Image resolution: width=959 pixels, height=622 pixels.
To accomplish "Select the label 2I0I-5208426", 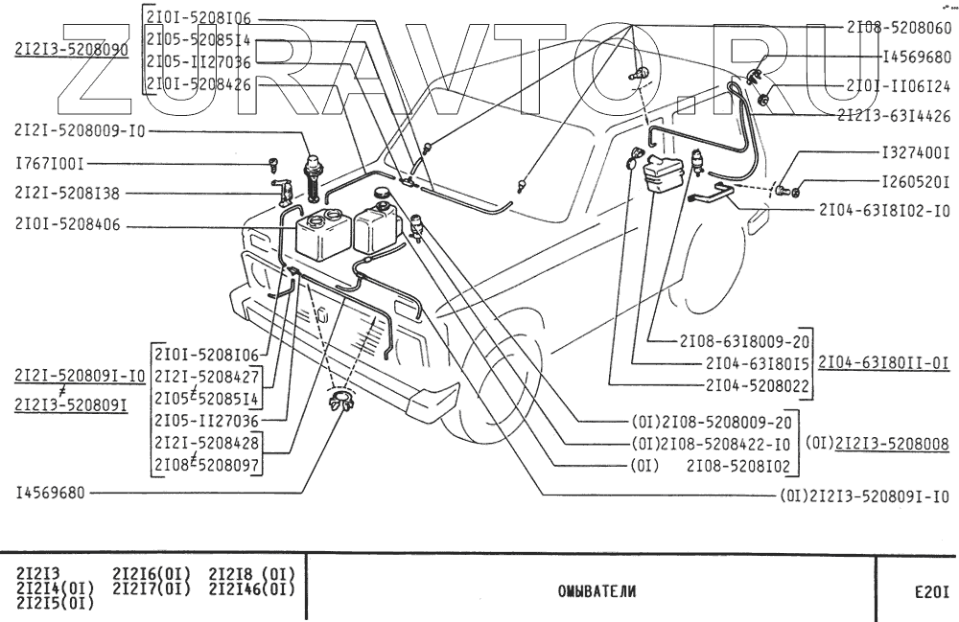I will click(x=199, y=84).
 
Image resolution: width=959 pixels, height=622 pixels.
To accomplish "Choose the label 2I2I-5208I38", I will click(x=67, y=193).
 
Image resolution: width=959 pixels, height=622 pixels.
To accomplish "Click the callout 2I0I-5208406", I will click(x=67, y=227).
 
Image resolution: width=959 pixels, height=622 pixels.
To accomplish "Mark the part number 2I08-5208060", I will click(x=898, y=29).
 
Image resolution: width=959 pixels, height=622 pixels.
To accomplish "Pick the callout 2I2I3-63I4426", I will click(x=893, y=114).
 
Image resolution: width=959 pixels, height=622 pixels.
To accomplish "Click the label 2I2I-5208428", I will click(x=208, y=445).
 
